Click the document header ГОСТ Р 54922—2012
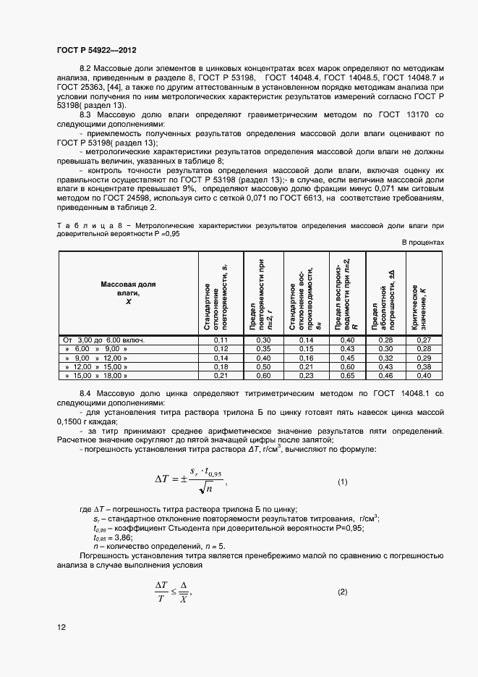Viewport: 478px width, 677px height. pyautogui.click(x=96, y=50)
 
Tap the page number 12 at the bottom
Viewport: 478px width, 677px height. pyautogui.click(x=61, y=626)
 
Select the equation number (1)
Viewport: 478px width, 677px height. pyautogui.click(x=342, y=482)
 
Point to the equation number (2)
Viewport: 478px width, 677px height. pyautogui.click(x=342, y=592)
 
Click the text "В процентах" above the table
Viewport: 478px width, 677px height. pyautogui.click(x=422, y=243)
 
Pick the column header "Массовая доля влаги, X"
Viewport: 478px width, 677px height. pyautogui.click(x=128, y=293)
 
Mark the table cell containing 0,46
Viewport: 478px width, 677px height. pyautogui.click(x=385, y=376)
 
